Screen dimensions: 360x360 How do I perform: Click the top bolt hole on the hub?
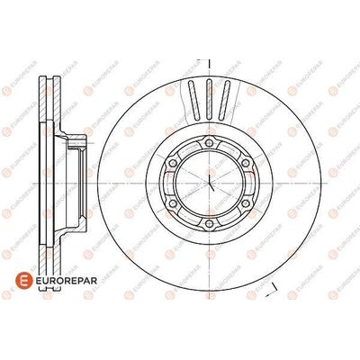(210, 142)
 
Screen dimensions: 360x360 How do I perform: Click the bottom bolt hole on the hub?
(210, 223)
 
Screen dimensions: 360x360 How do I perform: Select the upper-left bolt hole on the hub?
(173, 163)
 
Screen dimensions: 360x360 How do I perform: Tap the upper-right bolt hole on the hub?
(246, 163)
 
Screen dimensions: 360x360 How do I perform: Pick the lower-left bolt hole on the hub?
(173, 203)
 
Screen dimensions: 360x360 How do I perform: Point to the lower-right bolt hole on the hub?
(246, 203)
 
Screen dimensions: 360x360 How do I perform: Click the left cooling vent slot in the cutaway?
(193, 100)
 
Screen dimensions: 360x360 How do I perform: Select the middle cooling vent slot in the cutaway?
(210, 100)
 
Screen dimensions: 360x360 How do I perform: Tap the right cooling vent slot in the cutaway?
(224, 100)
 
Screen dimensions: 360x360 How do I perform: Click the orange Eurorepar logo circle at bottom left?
(23, 281)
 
